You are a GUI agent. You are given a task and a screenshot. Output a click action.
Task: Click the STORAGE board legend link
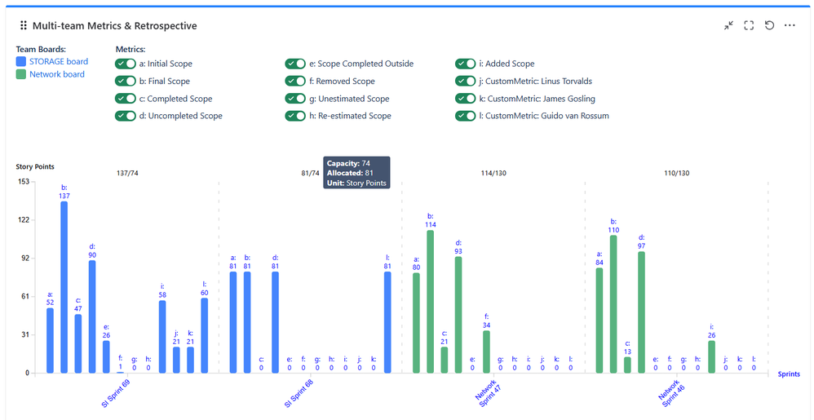tap(58, 62)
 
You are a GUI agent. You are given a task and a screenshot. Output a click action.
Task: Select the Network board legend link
tap(56, 74)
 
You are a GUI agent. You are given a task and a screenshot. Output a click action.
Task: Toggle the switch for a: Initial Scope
tap(126, 64)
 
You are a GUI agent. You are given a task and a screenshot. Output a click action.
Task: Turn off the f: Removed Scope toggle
tap(295, 82)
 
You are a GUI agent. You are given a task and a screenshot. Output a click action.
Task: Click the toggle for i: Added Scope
tap(465, 64)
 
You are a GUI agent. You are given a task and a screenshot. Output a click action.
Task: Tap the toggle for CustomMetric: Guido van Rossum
tap(465, 116)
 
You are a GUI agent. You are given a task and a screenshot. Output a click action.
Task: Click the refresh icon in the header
tap(769, 25)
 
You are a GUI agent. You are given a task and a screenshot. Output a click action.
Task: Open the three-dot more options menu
tap(790, 25)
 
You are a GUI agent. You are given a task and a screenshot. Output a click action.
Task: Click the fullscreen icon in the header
tap(749, 25)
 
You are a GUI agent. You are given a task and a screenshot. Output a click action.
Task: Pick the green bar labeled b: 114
tap(431, 302)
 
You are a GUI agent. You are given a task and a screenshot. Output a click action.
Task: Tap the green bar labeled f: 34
tap(486, 351)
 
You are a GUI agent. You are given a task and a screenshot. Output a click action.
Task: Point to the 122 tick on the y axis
tap(23, 220)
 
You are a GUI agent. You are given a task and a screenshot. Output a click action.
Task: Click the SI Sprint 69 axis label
tap(116, 394)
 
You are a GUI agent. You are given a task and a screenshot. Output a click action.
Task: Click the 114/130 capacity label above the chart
tap(493, 173)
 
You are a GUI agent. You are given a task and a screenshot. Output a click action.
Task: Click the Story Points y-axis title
tap(35, 167)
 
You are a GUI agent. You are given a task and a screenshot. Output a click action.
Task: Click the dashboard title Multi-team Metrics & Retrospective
tap(114, 25)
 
